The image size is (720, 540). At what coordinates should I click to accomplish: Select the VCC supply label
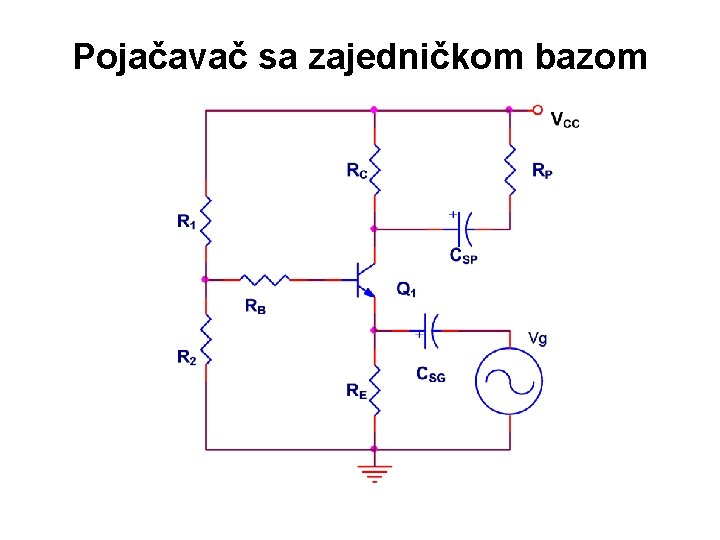tap(565, 121)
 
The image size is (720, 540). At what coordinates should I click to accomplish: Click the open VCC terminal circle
tap(538, 109)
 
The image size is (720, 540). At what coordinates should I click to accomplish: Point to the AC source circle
tap(509, 383)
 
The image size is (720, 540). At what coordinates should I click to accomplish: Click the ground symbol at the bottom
tap(374, 471)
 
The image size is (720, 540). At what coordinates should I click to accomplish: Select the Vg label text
tap(537, 338)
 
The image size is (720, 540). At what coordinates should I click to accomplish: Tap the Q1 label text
tap(406, 290)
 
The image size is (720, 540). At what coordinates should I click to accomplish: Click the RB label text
tap(255, 308)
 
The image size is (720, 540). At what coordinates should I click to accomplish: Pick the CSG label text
tap(431, 375)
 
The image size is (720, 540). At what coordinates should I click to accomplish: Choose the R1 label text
tap(187, 222)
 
